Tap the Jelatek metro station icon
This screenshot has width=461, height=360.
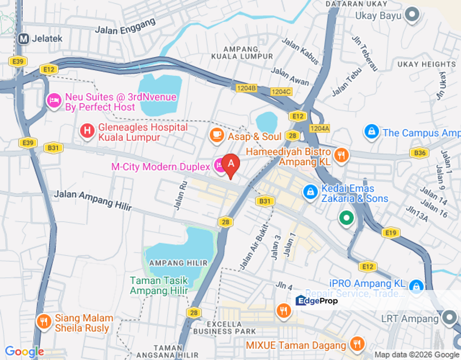point(23,38)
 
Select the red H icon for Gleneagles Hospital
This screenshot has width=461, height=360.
point(87,132)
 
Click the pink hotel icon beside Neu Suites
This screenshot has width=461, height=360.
point(53,101)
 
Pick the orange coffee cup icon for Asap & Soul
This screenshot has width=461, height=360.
point(216,134)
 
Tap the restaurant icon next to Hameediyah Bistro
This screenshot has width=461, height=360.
point(341,155)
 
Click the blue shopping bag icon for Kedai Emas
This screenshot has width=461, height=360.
point(310,191)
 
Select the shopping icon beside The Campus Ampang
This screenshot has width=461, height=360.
point(371,131)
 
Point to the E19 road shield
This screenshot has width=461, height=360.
point(390,232)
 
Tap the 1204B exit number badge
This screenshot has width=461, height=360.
point(246,88)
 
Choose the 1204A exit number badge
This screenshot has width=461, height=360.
point(320,128)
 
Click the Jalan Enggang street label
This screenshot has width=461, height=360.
point(125,26)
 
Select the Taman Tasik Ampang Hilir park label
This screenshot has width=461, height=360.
point(159,285)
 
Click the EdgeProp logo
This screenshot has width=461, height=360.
point(316,300)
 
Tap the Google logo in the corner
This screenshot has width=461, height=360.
point(24,352)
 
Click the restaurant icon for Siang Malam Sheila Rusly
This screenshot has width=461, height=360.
point(44,321)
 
